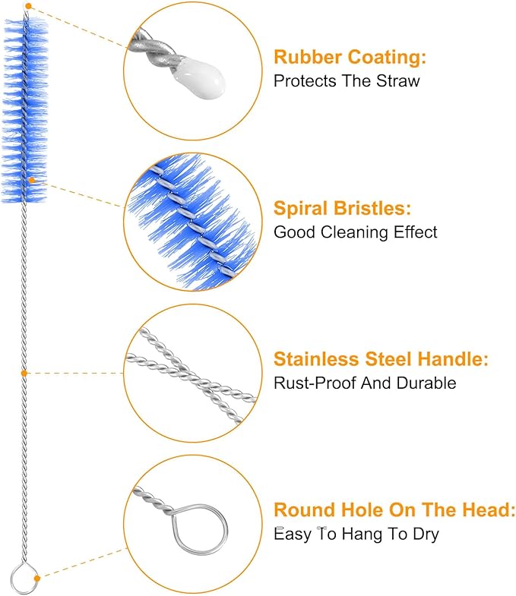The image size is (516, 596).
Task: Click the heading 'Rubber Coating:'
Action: (350, 57)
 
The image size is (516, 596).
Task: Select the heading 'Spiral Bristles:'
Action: (342, 208)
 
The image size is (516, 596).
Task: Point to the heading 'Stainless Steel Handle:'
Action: (381, 359)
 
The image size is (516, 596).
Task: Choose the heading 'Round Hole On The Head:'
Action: (394, 510)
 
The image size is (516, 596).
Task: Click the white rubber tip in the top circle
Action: (198, 77)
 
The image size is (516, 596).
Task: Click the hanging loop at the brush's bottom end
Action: (24, 579)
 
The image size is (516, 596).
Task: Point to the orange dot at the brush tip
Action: (29, 6)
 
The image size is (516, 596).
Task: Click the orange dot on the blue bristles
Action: (32, 180)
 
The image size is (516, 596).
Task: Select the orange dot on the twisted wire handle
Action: (24, 374)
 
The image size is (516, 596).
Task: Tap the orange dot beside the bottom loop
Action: (37, 578)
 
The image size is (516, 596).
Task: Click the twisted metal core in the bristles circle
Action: (194, 222)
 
